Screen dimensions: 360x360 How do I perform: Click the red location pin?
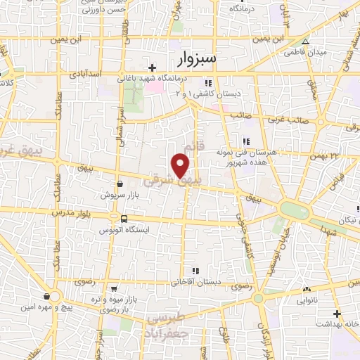coord(181,165)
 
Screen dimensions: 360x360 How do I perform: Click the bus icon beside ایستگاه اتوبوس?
coord(124,219)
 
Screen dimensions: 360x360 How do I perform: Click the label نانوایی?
coord(307,299)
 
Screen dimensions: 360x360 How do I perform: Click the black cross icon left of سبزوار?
coord(153,67)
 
